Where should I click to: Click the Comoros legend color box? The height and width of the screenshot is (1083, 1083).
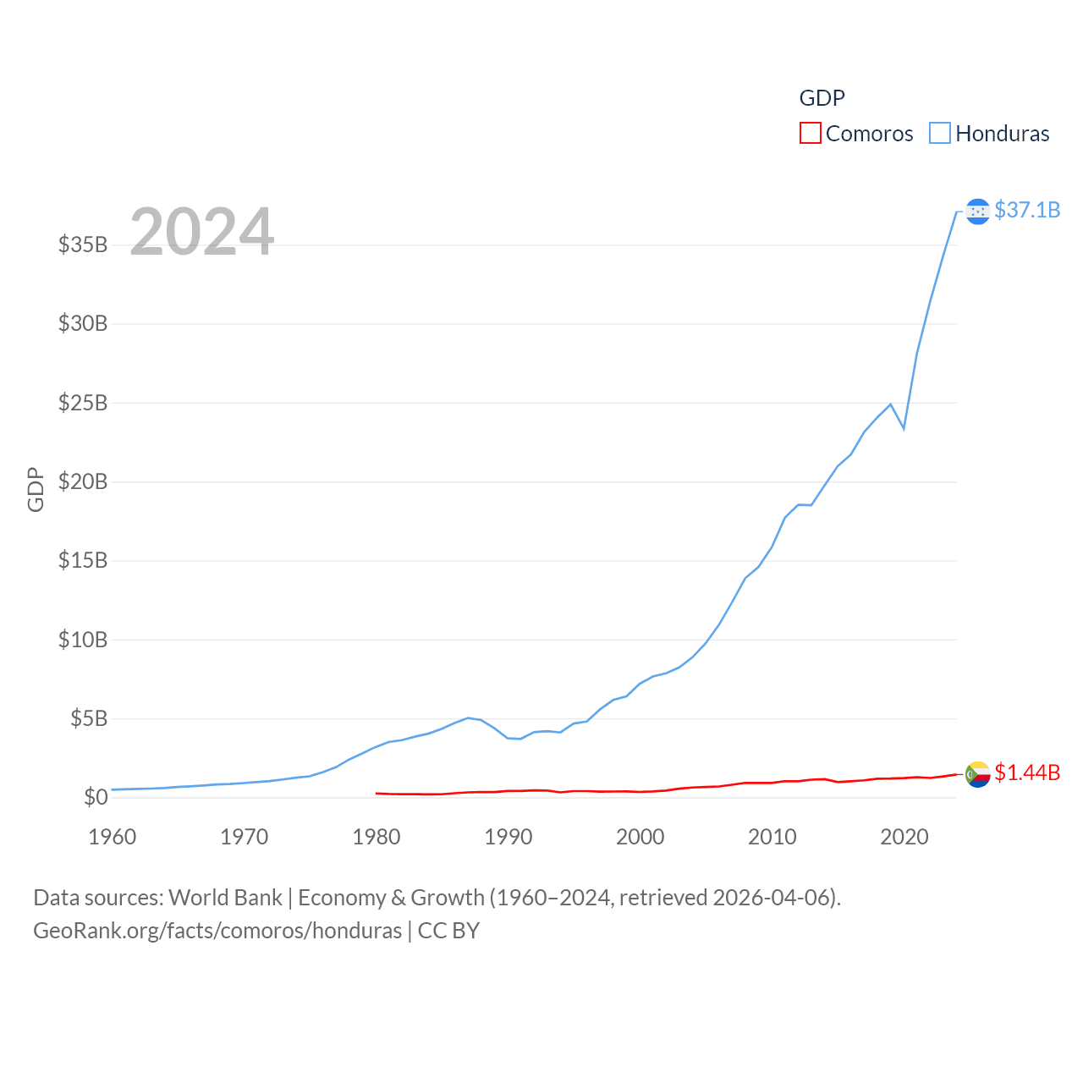point(810,134)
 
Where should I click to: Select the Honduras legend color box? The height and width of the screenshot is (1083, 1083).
point(940,134)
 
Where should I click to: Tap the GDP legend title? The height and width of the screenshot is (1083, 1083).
point(822,98)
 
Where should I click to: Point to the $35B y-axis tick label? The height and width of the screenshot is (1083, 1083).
point(83,245)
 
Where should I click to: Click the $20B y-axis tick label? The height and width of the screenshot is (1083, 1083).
point(83,481)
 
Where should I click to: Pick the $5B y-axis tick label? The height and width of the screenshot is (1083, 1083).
point(89,718)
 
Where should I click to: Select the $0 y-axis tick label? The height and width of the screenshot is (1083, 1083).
point(96,797)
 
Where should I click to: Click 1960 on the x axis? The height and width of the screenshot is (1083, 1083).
point(113,837)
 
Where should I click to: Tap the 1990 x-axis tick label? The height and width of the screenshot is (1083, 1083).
point(509,837)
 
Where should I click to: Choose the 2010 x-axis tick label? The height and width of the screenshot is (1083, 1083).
point(772,837)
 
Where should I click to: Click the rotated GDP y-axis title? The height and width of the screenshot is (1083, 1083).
point(36,489)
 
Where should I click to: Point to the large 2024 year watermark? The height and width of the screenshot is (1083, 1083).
point(201,231)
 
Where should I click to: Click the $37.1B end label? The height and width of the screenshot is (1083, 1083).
point(1027,210)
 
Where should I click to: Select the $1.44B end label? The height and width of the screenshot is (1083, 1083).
point(1027,772)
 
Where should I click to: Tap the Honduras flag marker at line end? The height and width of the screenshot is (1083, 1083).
point(977,211)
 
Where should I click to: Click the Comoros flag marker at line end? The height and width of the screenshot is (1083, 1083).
point(977,773)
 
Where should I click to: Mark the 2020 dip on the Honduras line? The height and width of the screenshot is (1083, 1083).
point(904,428)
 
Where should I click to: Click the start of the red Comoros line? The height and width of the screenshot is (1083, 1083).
point(377,793)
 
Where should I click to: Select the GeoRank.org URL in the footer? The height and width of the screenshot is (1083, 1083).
point(217,931)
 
